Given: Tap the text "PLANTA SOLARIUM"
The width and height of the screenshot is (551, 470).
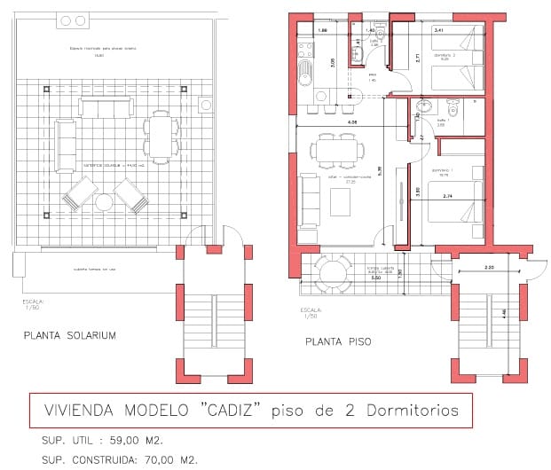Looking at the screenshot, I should pyautogui.click(x=70, y=334).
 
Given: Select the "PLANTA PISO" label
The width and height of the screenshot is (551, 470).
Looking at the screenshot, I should pyautogui.click(x=338, y=341).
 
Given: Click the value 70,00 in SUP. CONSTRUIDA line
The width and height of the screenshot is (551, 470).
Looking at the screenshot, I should pyautogui.click(x=156, y=458).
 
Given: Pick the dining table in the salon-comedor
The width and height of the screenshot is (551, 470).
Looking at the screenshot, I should pyautogui.click(x=338, y=149).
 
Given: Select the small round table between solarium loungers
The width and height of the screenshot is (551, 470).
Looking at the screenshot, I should pyautogui.click(x=104, y=202).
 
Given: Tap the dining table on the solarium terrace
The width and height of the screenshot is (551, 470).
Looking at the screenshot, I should pyautogui.click(x=161, y=136).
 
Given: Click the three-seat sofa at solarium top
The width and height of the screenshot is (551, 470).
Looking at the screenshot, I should pyautogui.click(x=105, y=107).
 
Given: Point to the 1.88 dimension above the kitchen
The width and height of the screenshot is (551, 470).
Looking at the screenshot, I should pyautogui.click(x=323, y=31).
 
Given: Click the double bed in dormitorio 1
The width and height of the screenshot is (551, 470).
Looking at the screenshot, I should pyautogui.click(x=455, y=202).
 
